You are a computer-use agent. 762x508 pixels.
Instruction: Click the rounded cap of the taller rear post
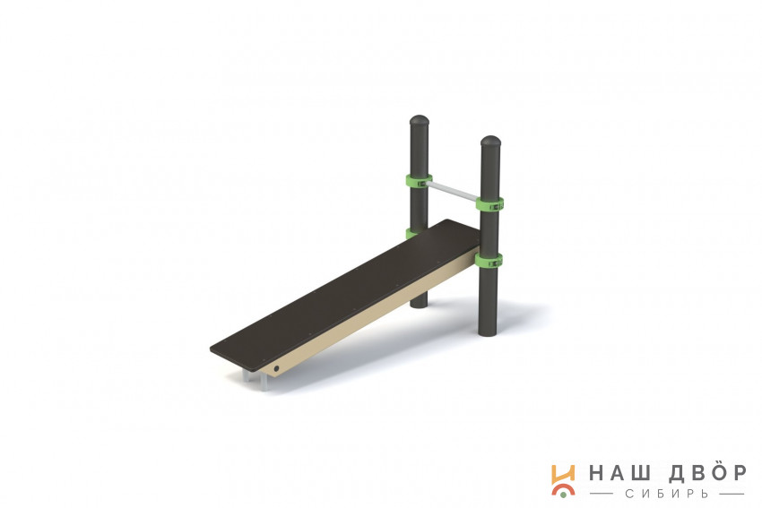pos(420,120)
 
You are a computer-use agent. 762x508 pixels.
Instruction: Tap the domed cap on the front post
pos(490,142)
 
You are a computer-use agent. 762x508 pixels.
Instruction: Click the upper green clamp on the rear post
pos(419,181)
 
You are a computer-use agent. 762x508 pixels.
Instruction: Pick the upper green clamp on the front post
pos(489,204)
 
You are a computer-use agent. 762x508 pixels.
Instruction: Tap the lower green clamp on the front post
pos(489,261)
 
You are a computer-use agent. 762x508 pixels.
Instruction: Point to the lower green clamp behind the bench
pos(411,233)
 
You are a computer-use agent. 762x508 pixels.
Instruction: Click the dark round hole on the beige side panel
pos(276,369)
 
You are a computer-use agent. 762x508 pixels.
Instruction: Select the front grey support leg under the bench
pos(264,382)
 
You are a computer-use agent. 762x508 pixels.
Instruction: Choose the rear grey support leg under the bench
pos(247,375)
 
